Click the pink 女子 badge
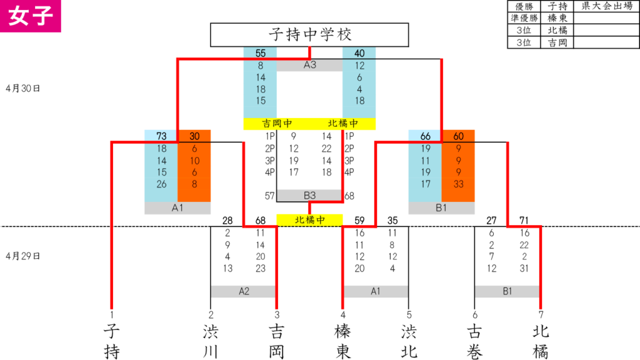point(30,16)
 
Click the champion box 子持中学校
point(309,35)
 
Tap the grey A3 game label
point(309,65)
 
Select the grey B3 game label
point(309,196)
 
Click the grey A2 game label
point(244,291)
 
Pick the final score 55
point(261,53)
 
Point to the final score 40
point(359,53)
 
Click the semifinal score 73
point(161,136)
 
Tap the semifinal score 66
point(425,136)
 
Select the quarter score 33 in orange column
point(458,184)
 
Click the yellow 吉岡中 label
point(277,124)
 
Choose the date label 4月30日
point(23,89)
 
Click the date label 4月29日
point(23,256)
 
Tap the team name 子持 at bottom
point(111,341)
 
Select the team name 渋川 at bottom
point(211,341)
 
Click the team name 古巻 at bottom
point(474,341)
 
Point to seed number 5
point(409,315)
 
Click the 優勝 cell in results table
point(524,6)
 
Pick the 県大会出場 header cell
point(606,6)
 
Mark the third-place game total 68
point(349,196)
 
